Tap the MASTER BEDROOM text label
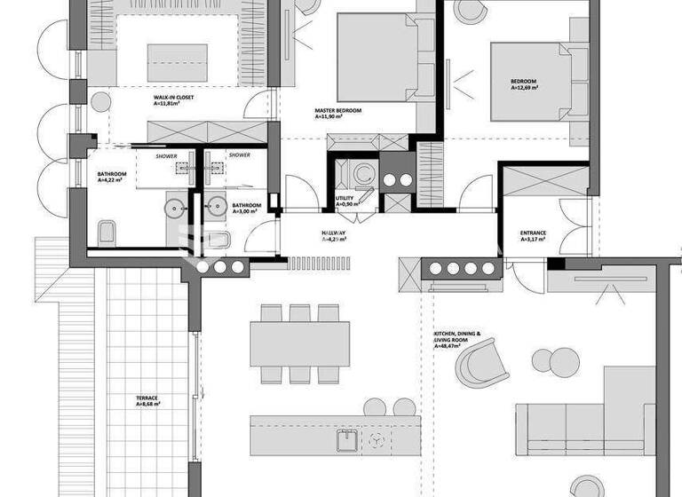pos(338,111)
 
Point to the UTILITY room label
pos(345,199)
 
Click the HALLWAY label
pos(334,233)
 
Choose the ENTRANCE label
pos(533,233)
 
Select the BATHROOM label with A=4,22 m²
pos(112,175)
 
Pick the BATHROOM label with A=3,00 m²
pos(247,206)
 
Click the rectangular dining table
pos(299,344)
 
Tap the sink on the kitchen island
pos(346,440)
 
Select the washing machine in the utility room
pos(361,174)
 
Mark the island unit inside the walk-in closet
pos(177,62)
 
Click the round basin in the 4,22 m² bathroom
pos(173,209)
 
